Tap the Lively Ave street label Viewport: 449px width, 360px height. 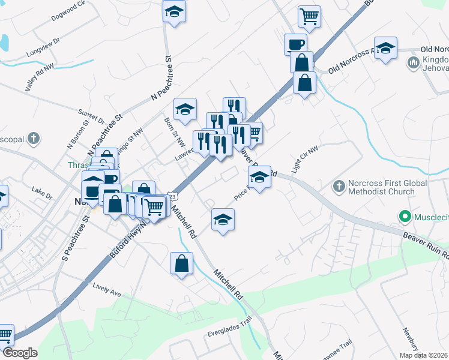(x=107, y=290)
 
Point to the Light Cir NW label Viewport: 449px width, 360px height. (x=304, y=160)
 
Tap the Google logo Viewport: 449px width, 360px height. (x=20, y=352)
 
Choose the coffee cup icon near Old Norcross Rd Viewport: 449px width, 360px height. (x=295, y=43)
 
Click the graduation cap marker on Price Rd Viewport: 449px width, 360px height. (x=259, y=178)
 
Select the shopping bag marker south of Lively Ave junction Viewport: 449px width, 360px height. (x=181, y=263)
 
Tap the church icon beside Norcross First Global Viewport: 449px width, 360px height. (x=339, y=187)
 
